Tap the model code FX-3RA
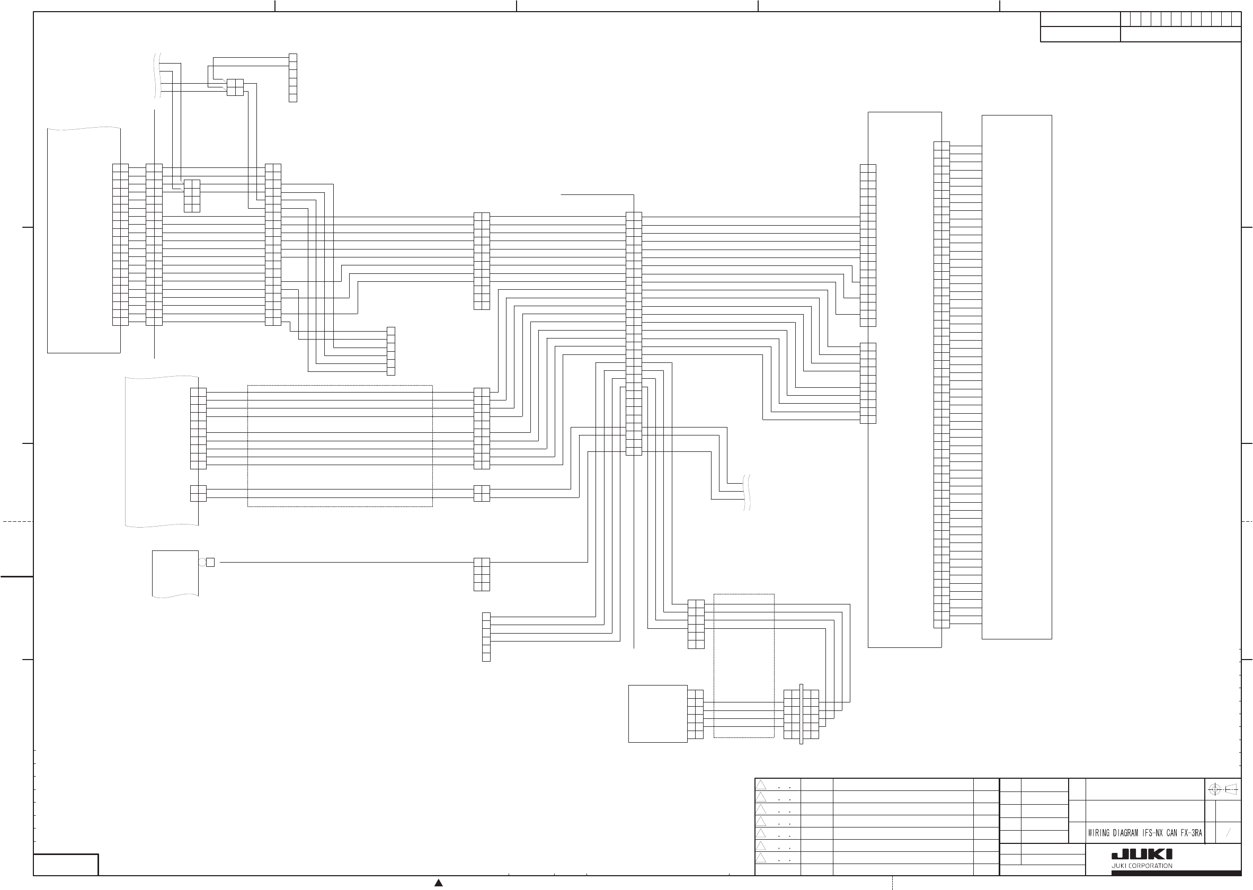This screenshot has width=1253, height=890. click(1190, 833)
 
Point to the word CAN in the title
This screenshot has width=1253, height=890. click(1171, 833)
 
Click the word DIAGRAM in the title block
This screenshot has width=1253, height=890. click(1125, 833)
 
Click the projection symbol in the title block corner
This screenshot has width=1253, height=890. click(1223, 789)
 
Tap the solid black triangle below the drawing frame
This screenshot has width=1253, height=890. click(439, 883)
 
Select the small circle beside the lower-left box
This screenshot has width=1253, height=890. click(202, 562)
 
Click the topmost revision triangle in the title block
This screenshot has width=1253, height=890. click(761, 785)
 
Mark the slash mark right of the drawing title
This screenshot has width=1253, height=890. click(1228, 833)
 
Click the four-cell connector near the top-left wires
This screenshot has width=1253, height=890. click(235, 87)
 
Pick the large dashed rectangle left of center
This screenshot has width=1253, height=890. click(340, 446)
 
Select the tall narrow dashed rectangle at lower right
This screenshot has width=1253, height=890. click(744, 666)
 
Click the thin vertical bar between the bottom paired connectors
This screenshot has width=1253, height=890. click(802, 714)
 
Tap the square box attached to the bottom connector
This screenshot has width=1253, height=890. click(657, 714)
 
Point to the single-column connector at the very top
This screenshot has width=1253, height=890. click(292, 78)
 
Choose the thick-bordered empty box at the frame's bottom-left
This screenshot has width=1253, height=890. click(66, 864)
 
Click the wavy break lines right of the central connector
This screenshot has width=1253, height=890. click(747, 492)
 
